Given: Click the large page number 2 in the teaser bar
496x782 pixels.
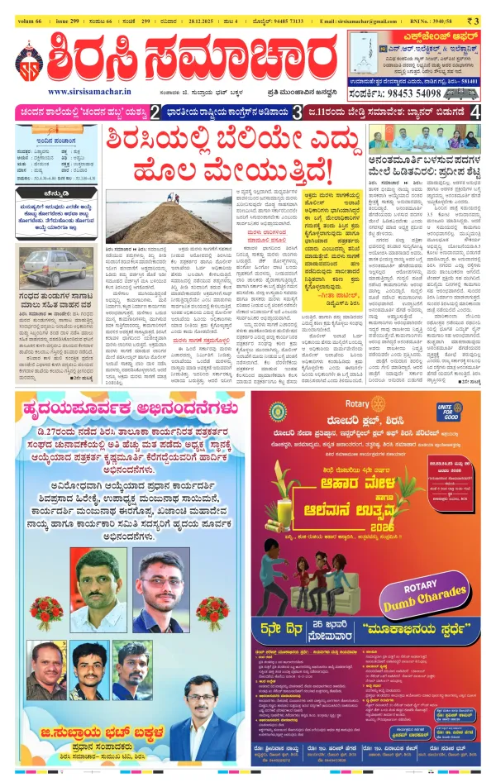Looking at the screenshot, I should tap(153, 112).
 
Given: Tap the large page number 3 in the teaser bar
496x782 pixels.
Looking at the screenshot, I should tap(296, 112).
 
